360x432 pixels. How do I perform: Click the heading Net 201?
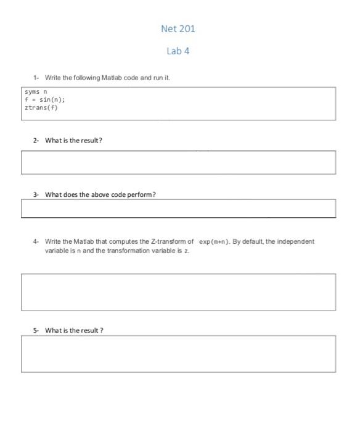[178, 28]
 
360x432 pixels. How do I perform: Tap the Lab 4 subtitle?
[178, 51]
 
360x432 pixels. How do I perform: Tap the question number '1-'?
[36, 78]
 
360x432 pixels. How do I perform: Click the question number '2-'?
[36, 140]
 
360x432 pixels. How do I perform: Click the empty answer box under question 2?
[178, 162]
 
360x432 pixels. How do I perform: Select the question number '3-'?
[36, 194]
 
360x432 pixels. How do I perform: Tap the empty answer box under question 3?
[178, 209]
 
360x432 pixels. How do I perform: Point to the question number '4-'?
[36, 241]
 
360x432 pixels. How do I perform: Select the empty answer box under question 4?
[178, 292]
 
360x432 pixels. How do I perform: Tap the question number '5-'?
[36, 330]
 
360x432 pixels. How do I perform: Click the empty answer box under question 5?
[178, 354]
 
